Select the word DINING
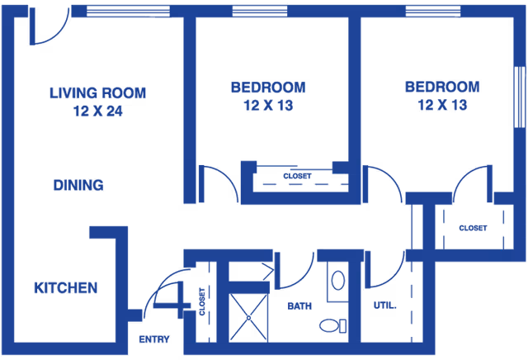[78, 186]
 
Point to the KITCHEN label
[65, 288]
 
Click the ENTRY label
[153, 339]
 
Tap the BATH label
[299, 306]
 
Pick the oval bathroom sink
[338, 281]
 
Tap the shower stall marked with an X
[249, 313]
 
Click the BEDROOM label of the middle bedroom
[268, 87]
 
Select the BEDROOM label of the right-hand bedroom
[442, 87]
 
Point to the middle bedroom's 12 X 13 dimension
[268, 106]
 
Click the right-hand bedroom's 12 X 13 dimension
[442, 106]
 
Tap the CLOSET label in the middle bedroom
[297, 176]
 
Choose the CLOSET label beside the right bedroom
[472, 228]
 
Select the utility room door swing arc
[386, 272]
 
